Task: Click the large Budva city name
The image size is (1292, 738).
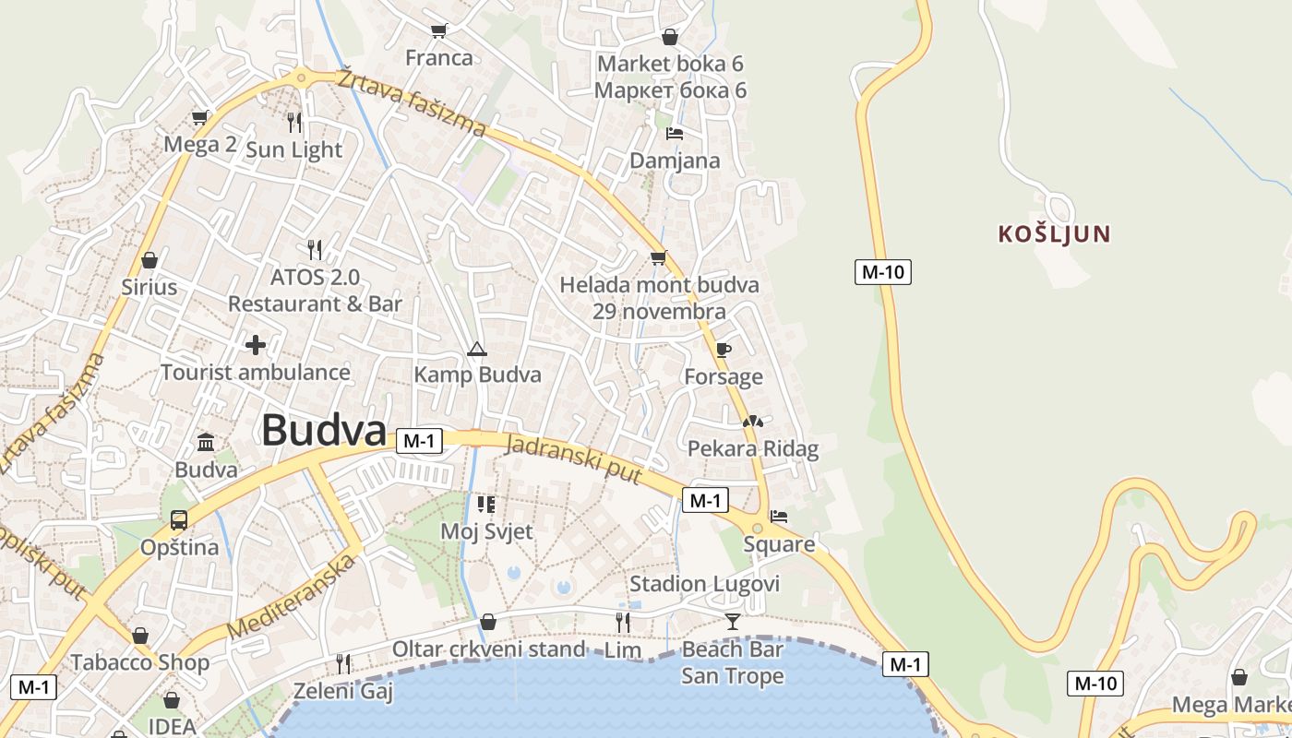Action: click(x=323, y=431)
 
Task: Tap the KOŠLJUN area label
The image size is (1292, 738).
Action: click(x=1053, y=233)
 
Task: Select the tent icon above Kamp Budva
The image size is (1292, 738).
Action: click(x=476, y=349)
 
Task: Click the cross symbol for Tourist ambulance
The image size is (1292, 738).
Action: click(x=256, y=345)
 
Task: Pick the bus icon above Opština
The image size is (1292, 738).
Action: click(x=179, y=519)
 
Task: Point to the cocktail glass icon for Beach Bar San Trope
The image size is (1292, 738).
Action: click(x=733, y=621)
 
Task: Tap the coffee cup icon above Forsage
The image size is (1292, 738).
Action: click(x=724, y=350)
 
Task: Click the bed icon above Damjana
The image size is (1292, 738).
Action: click(x=675, y=134)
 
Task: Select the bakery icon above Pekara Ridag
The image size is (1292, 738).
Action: click(x=753, y=422)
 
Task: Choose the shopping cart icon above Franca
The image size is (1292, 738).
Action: click(x=439, y=30)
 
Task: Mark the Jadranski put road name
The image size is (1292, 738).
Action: click(x=573, y=458)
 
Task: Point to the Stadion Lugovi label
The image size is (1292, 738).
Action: click(x=704, y=584)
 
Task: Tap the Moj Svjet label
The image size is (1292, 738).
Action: click(x=486, y=531)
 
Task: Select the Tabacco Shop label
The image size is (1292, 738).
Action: click(x=140, y=662)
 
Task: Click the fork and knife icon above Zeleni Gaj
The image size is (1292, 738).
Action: click(x=343, y=662)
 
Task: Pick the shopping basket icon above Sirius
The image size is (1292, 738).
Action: click(x=150, y=261)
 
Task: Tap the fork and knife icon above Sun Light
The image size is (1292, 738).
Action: click(x=294, y=122)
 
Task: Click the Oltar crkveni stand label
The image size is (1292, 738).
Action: click(x=489, y=649)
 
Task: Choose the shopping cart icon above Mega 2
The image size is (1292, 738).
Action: click(x=200, y=117)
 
